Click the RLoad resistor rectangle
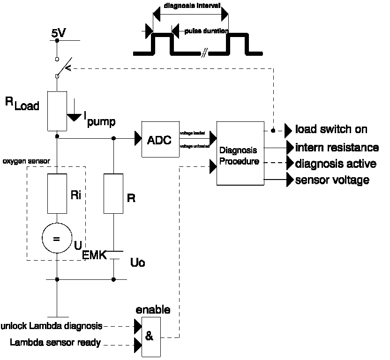coord(57,111)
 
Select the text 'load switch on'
coord(331,129)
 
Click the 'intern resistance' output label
coord(337,148)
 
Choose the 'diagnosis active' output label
coord(335,164)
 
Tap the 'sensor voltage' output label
coord(332,180)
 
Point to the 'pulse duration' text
coord(206,32)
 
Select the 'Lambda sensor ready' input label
coord(55,343)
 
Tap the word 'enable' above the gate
coord(153,310)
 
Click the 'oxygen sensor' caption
coord(26,161)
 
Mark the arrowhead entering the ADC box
coord(138,138)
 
